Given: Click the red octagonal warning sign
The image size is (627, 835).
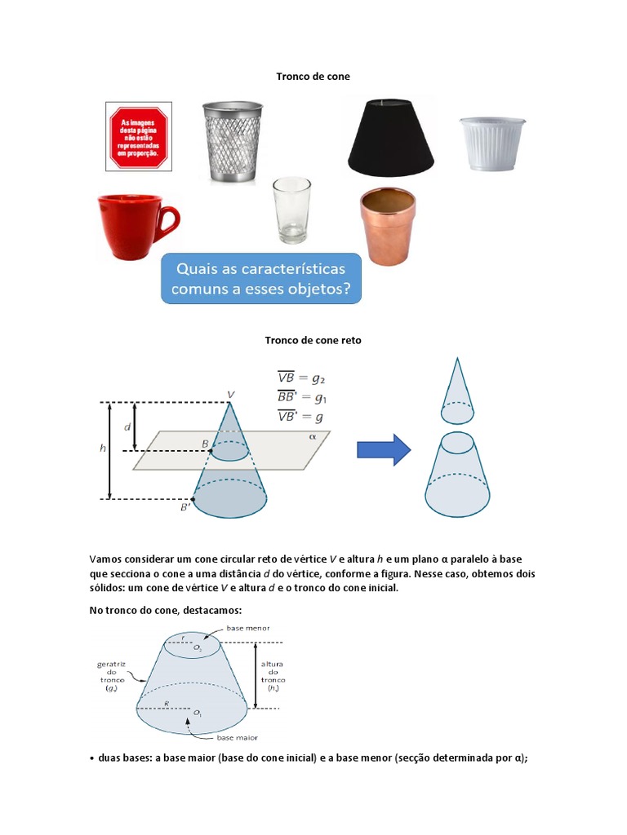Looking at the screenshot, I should [139, 136].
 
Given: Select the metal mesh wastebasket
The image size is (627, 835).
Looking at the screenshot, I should [233, 141].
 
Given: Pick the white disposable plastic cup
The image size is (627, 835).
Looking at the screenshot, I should [491, 144].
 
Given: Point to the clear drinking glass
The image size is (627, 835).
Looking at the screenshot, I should [291, 210].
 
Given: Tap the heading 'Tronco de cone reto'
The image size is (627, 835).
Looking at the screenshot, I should [313, 340].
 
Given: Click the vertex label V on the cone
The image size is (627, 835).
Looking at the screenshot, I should [231, 394].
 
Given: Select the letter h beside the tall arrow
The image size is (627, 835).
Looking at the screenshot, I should [103, 448].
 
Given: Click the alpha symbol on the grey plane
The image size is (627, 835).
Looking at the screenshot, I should [312, 436].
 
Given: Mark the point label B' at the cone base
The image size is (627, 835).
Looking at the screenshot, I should [186, 508].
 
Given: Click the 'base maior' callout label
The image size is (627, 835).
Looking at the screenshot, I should [237, 737].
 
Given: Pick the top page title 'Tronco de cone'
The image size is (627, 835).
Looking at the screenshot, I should [313, 77].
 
